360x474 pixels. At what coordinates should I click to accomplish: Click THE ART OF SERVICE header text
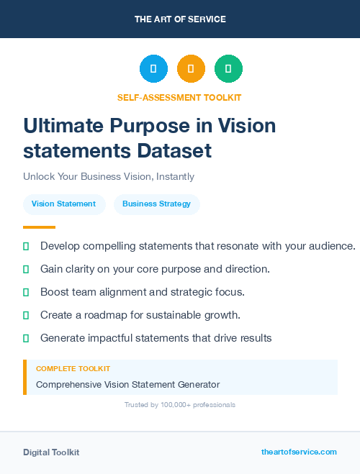click(x=180, y=19)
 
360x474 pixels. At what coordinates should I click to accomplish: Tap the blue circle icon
click(x=153, y=69)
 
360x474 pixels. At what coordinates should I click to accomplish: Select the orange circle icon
click(x=191, y=69)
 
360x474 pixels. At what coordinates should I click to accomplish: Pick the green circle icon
click(x=228, y=69)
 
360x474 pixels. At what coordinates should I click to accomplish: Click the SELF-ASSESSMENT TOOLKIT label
click(x=179, y=97)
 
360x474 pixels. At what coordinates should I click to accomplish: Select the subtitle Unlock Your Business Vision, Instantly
click(x=109, y=176)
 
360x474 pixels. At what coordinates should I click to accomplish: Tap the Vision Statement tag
click(x=63, y=204)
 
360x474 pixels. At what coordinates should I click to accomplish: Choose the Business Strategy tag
click(x=156, y=204)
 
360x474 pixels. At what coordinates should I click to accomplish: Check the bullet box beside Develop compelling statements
click(x=26, y=246)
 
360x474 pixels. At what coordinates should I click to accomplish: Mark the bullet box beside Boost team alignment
click(x=26, y=292)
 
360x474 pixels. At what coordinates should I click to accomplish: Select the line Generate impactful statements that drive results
click(x=156, y=338)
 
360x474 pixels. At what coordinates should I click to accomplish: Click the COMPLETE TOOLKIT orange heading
click(x=73, y=369)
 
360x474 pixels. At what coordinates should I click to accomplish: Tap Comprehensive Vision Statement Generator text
click(x=127, y=385)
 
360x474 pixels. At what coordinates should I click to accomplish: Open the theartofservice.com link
click(x=299, y=452)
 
